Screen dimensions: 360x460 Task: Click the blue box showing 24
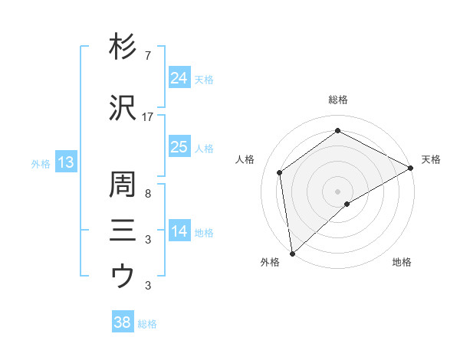click(179, 78)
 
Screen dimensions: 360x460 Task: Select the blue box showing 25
click(179, 147)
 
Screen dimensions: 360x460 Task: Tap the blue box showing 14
click(179, 231)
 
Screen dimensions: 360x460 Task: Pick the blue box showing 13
click(65, 162)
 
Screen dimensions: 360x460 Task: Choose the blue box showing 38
click(122, 322)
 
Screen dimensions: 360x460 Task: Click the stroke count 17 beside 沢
click(148, 116)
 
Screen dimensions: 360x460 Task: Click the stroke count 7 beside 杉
click(148, 55)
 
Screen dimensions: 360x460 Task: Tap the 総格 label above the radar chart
click(337, 100)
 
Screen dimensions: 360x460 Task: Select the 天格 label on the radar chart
click(431, 159)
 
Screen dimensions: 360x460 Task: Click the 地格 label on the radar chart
click(402, 262)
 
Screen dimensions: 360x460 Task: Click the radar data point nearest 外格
click(292, 253)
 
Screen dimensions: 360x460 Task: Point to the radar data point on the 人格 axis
click(281, 172)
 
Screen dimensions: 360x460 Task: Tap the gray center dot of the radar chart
click(337, 191)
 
